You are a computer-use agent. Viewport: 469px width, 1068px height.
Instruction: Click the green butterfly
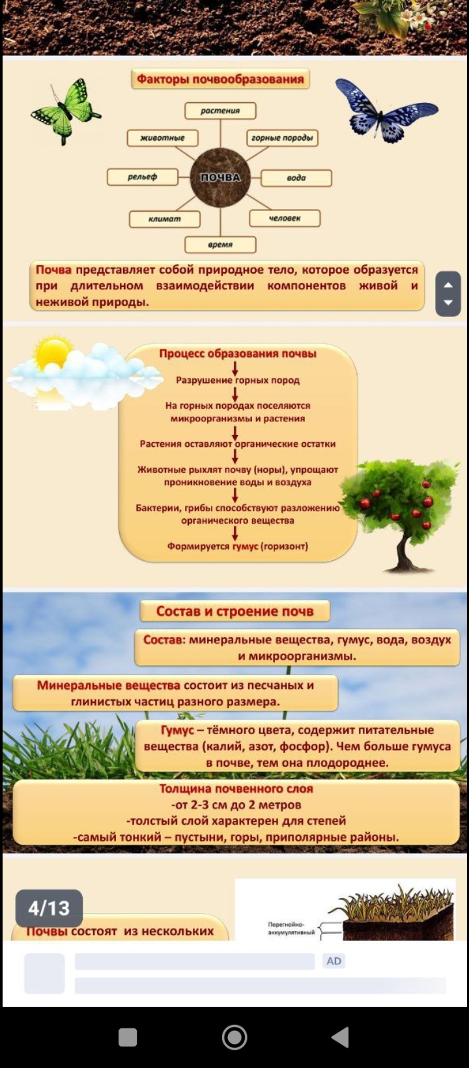pos(65,111)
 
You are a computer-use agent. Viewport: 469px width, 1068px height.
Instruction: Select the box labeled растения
pos(220,111)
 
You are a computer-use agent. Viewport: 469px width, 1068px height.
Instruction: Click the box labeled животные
pos(163,138)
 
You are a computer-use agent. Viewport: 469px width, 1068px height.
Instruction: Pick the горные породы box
pos(282,138)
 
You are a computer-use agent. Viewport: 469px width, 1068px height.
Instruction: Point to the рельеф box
pos(143,177)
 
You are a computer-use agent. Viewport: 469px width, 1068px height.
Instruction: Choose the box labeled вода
pos(296,178)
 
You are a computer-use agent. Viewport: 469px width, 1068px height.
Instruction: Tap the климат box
pos(165,219)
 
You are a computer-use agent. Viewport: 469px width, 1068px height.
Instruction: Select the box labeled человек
pos(285,218)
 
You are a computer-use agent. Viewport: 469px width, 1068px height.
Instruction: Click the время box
pos(220,245)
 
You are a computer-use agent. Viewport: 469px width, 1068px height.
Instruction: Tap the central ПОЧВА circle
pos(220,177)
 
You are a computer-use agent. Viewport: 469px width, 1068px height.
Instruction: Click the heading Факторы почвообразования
pos(220,79)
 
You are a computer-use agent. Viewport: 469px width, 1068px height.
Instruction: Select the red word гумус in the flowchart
pos(245,546)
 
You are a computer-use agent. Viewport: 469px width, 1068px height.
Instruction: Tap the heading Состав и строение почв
pos(234,611)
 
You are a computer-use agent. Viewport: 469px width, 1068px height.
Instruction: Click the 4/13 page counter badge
pos(49,908)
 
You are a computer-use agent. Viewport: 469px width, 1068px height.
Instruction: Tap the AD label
pos(334,961)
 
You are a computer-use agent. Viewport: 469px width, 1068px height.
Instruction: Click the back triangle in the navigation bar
pos(341,1037)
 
